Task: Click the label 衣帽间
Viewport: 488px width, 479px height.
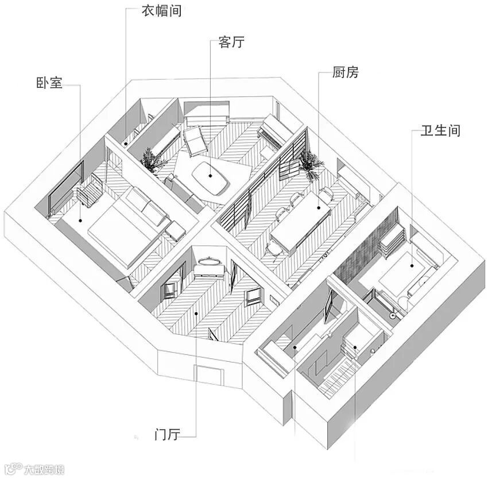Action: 161,10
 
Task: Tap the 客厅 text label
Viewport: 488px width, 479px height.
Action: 231,43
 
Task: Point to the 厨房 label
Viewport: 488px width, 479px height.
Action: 345,72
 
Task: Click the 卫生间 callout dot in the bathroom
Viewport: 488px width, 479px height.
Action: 412,266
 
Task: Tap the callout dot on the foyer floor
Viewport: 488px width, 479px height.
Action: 197,313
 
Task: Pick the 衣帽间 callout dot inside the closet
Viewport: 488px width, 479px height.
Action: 125,141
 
